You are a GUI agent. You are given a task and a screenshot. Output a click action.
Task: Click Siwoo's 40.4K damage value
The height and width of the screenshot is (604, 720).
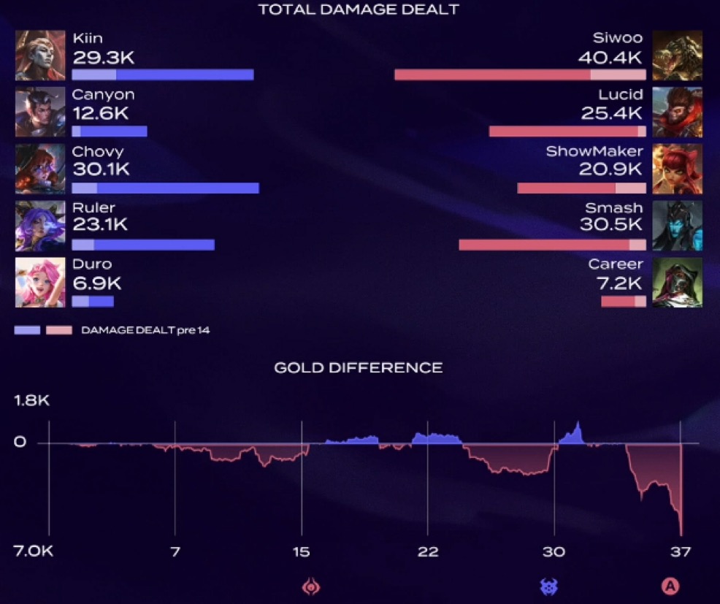pyautogui.click(x=610, y=57)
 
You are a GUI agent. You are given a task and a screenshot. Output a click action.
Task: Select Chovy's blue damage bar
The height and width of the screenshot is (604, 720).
pyautogui.click(x=165, y=188)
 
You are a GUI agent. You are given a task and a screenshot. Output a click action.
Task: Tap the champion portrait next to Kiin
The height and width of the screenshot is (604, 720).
pyautogui.click(x=40, y=56)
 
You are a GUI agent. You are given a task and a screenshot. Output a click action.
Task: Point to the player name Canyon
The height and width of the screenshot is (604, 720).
pyautogui.click(x=103, y=94)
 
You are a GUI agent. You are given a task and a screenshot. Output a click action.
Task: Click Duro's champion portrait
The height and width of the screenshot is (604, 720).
pyautogui.click(x=40, y=283)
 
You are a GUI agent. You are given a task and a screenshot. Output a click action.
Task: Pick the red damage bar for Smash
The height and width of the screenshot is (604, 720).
pyautogui.click(x=552, y=245)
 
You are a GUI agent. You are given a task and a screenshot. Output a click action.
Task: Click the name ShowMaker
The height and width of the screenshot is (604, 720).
pyautogui.click(x=594, y=151)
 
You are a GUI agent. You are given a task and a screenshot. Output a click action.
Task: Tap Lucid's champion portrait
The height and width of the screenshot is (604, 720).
pyautogui.click(x=677, y=112)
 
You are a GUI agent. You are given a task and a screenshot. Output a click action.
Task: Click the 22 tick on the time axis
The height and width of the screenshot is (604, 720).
pyautogui.click(x=428, y=551)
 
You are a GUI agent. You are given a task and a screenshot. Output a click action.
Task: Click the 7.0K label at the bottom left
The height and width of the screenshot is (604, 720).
pyautogui.click(x=32, y=551)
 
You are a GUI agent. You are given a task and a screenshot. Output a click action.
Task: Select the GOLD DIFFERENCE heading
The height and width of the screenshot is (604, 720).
pyautogui.click(x=358, y=367)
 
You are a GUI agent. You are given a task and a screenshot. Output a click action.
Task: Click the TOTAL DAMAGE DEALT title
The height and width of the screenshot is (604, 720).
pyautogui.click(x=359, y=9)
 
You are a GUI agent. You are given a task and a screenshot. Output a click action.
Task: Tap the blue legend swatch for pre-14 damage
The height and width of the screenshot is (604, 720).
pyautogui.click(x=27, y=330)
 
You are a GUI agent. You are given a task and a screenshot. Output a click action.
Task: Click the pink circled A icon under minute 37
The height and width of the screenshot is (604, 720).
pyautogui.click(x=670, y=586)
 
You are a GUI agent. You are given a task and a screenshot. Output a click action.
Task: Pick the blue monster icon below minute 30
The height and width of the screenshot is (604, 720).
pyautogui.click(x=548, y=586)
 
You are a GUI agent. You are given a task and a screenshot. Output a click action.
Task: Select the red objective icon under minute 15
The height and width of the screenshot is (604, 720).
pyautogui.click(x=312, y=586)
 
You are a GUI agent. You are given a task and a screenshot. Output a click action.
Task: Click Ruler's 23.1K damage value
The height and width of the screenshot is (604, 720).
pyautogui.click(x=100, y=225)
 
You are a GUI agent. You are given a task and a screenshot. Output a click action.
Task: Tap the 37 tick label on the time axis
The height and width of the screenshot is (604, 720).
pyautogui.click(x=681, y=551)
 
